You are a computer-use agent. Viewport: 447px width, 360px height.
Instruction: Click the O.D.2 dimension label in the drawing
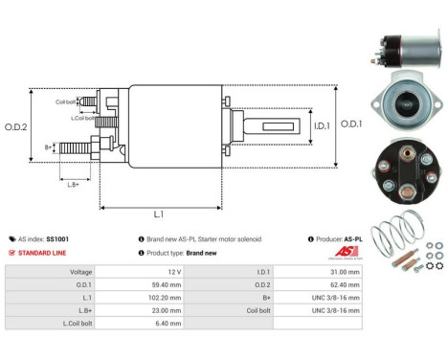[x=16, y=125]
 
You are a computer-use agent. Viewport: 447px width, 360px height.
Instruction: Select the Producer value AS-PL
[x=352, y=238]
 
